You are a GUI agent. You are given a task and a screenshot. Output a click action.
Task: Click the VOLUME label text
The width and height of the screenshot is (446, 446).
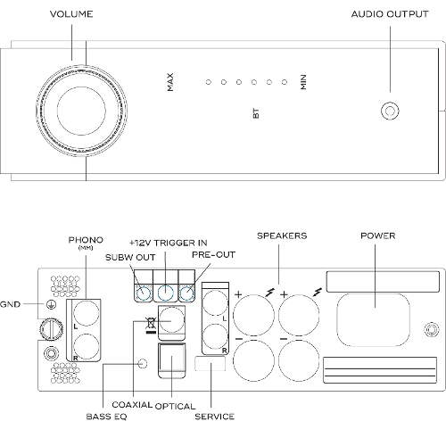click(x=71, y=14)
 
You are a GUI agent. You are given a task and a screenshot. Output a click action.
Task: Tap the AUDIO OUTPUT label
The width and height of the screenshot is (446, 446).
click(x=390, y=14)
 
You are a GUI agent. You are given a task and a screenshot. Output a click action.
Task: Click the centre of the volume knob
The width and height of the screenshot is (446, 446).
click(x=81, y=110)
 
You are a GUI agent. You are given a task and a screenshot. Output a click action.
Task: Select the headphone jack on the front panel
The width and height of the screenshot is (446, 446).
click(x=390, y=111)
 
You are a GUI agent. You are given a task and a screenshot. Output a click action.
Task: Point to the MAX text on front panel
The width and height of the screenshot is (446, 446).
click(x=170, y=82)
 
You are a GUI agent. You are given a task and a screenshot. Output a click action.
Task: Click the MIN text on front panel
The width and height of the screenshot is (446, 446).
click(x=303, y=82)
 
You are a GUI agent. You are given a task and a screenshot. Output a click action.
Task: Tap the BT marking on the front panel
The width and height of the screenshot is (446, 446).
click(x=256, y=113)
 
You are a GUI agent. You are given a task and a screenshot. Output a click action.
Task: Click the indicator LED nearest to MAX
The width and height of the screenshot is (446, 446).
click(x=209, y=82)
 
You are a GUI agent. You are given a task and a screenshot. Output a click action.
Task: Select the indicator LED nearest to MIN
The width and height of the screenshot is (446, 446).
click(x=285, y=82)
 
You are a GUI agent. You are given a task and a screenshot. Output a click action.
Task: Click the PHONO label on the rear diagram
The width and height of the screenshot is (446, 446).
click(x=86, y=240)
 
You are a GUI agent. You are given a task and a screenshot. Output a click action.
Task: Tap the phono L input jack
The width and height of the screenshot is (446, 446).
click(x=87, y=313)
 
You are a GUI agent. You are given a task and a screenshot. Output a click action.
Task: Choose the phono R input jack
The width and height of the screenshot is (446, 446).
click(x=87, y=346)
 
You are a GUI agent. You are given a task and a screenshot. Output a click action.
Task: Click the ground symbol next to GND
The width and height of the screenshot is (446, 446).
click(x=51, y=304)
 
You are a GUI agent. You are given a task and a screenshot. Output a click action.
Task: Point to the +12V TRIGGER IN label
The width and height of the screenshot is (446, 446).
click(x=169, y=243)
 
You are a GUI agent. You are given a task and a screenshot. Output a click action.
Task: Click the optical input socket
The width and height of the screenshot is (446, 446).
click(x=172, y=360)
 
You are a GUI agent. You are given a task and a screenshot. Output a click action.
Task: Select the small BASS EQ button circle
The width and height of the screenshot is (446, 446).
click(x=143, y=363)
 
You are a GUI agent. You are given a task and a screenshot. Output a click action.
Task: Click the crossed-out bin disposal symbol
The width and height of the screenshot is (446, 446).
click(x=151, y=325)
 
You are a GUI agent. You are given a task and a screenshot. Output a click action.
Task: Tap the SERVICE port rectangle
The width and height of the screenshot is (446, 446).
click(x=210, y=363)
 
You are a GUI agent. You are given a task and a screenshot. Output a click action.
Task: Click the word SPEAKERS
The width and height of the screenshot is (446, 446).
click(x=282, y=235)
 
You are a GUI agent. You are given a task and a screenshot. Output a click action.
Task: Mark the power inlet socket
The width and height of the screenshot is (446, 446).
click(x=373, y=320)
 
